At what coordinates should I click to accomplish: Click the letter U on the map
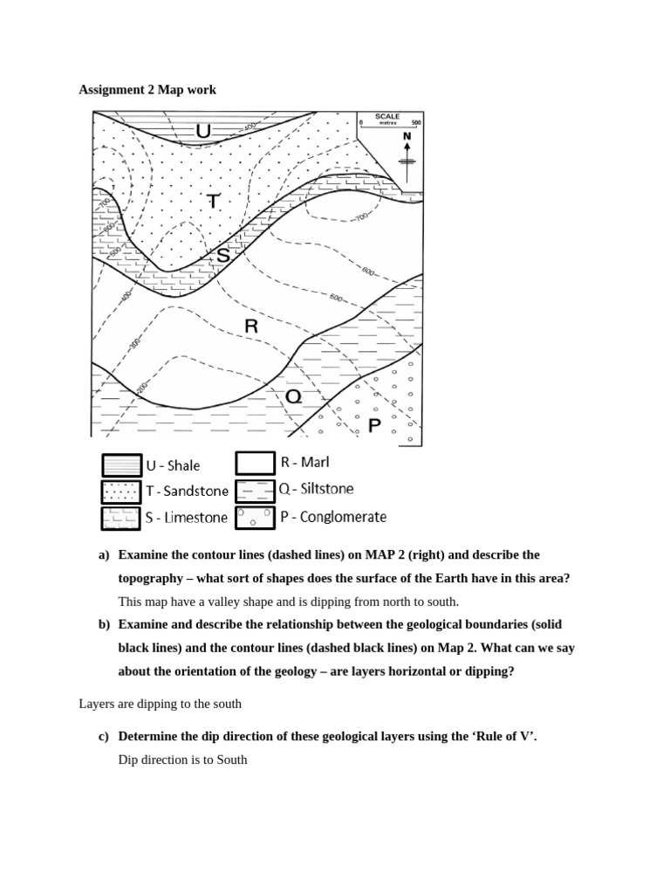(203, 131)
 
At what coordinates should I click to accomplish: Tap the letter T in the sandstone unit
(213, 201)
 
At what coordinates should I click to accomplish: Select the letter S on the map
(223, 256)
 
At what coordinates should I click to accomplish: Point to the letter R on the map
(251, 327)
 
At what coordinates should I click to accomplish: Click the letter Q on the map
(294, 396)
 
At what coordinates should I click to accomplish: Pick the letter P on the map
(374, 426)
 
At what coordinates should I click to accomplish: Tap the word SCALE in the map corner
(387, 116)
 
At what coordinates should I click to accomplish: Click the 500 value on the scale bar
(415, 123)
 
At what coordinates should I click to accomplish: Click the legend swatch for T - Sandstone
(120, 492)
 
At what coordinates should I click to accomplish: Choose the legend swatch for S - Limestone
(120, 517)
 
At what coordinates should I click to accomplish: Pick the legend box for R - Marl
(255, 463)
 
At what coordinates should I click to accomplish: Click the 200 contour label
(142, 387)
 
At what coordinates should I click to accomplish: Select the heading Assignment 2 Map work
(147, 90)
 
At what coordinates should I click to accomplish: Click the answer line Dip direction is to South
(182, 760)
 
